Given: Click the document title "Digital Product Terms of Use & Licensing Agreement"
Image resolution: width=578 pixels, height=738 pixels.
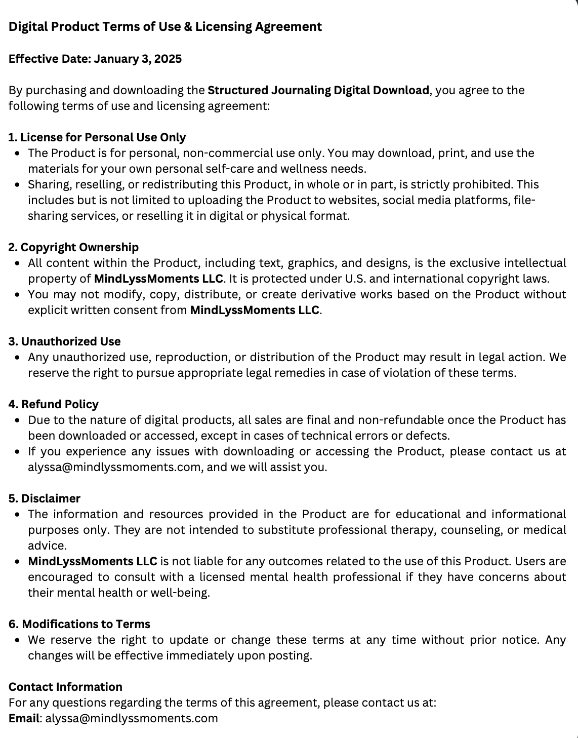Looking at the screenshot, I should tap(165, 27).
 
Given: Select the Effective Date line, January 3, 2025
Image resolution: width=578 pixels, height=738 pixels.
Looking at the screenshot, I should tap(95, 59).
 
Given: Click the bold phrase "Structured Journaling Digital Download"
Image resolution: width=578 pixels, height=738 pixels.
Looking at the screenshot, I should tap(318, 90).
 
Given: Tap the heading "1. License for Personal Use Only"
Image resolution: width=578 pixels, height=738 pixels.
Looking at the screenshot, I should tap(97, 137).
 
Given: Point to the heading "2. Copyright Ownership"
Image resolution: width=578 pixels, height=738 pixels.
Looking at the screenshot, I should tap(73, 247).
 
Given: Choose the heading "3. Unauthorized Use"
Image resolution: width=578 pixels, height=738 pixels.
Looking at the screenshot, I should tap(65, 341).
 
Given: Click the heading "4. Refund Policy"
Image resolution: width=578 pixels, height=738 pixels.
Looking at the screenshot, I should tap(54, 404).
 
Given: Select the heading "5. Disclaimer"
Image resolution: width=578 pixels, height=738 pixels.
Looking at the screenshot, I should tap(45, 498).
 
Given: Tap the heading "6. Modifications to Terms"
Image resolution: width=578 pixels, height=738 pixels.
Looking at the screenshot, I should tap(79, 624).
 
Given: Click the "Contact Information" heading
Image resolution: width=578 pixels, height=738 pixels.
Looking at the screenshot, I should tap(65, 687).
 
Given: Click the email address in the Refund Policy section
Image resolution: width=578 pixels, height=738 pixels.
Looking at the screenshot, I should tap(114, 467).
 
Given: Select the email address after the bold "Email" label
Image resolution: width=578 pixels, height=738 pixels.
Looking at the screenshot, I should tap(132, 718).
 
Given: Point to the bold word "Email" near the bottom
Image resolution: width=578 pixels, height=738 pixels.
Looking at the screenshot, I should tap(24, 718).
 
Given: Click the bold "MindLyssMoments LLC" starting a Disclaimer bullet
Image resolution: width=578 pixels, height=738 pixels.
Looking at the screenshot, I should tap(93, 561).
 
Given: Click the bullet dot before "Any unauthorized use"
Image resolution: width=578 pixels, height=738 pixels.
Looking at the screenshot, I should tap(18, 358).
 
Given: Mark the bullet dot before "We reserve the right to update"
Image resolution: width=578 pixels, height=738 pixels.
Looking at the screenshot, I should tap(18, 640).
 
